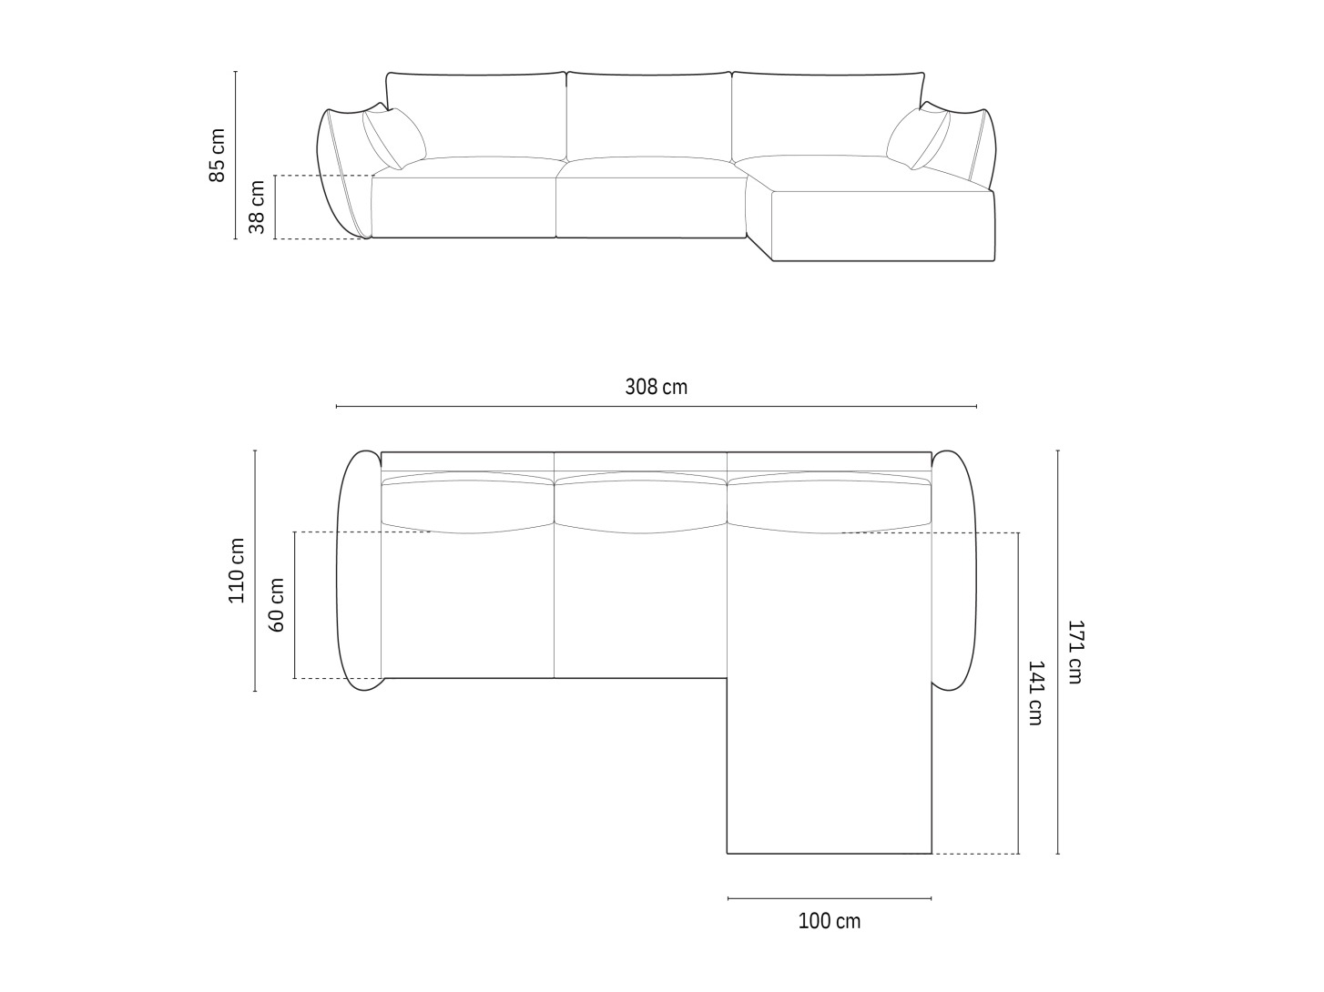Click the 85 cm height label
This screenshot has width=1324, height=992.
tap(217, 155)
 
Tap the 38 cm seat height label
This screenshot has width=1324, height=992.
tap(257, 207)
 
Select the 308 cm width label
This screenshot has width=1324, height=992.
tap(657, 387)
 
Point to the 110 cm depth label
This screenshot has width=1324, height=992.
tap(236, 570)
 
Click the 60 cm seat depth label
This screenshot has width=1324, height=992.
tap(276, 604)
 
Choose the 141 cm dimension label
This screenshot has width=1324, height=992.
tap(1035, 693)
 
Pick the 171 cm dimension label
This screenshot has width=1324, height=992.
tap(1074, 652)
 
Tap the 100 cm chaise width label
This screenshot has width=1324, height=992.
tap(830, 921)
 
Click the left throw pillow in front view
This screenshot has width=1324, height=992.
tap(394, 138)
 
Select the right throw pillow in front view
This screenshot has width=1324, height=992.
tap(918, 138)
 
